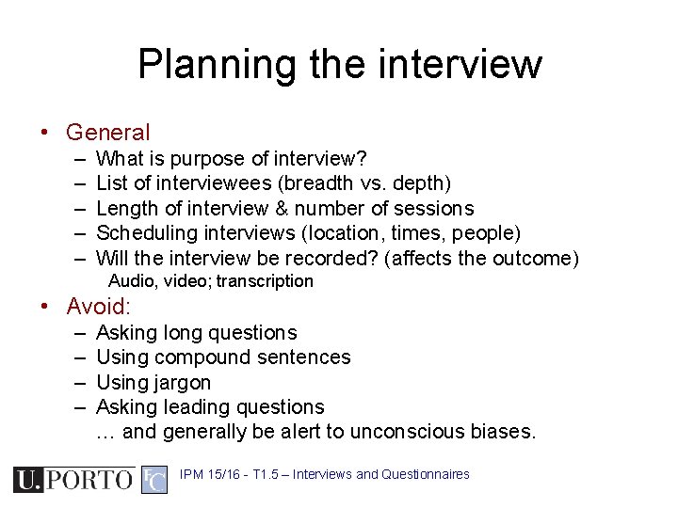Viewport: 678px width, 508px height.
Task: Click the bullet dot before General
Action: tap(44, 134)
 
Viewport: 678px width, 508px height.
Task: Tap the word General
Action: tap(107, 134)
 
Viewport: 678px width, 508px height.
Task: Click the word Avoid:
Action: tap(99, 307)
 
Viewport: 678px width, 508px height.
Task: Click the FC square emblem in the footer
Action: tap(154, 480)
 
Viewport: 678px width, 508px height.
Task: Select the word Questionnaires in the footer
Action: tap(426, 475)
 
